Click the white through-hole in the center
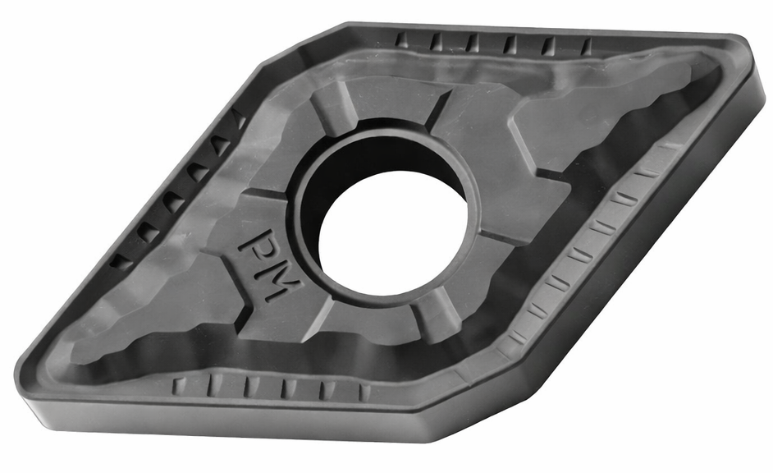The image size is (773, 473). pos(393,232)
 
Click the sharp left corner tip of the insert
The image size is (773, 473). pos(16,370)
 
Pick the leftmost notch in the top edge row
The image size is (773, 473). pos(401,40)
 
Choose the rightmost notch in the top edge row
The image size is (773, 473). pos(587,46)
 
